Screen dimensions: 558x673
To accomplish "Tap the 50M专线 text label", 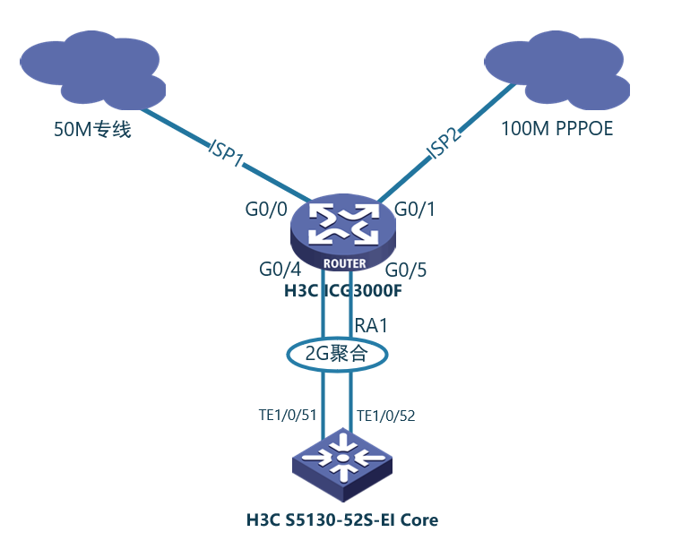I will (x=92, y=131).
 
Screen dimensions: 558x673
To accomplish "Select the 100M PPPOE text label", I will (x=557, y=130).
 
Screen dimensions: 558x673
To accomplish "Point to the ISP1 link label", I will (x=226, y=154).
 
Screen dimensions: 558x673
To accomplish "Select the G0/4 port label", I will (x=279, y=268).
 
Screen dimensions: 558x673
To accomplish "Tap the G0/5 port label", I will (x=406, y=270).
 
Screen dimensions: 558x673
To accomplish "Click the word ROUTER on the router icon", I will (x=343, y=264).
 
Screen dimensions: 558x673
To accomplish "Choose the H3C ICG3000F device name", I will (x=343, y=289).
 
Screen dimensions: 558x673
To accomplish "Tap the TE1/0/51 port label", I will (x=286, y=415).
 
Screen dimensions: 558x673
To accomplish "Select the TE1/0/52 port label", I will (x=386, y=415).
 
